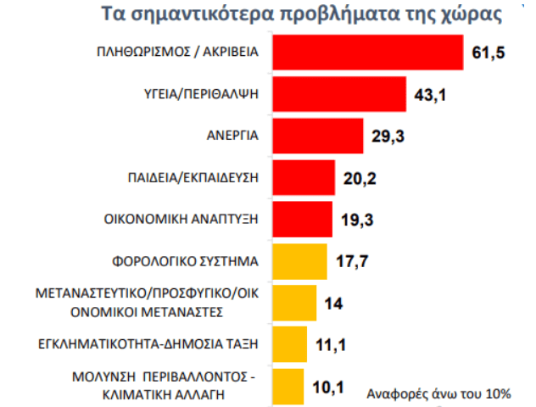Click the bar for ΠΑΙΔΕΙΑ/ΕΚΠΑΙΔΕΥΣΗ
point(304,177)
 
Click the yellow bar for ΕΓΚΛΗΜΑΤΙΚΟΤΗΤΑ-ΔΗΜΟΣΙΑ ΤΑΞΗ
point(290,343)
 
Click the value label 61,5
point(488,54)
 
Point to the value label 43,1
point(430,95)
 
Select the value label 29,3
point(388,136)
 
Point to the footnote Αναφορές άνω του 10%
point(438,393)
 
